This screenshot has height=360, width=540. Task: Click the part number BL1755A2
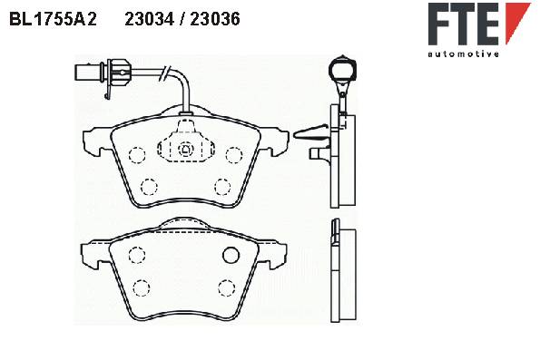pos(53,19)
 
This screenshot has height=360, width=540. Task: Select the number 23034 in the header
pos(149,19)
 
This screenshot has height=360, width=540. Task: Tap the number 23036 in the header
pos(215,19)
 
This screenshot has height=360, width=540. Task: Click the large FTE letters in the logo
pos(464,24)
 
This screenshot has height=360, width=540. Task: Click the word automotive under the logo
pos(463,54)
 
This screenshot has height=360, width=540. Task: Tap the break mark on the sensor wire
pos(164,73)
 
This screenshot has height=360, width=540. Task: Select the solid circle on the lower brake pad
pos(231,255)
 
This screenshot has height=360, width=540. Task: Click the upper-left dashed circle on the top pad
pos(137,155)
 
